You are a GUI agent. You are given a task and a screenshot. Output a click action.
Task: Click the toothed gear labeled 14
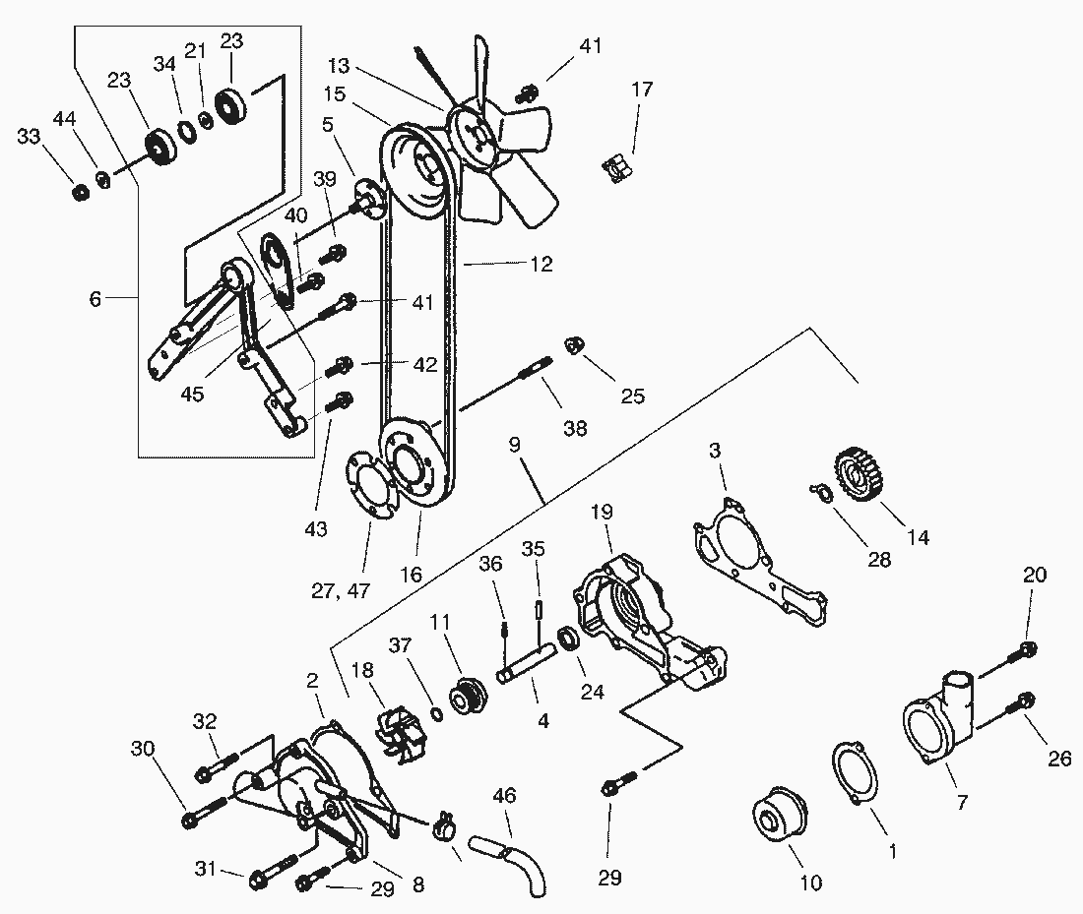pos(857,474)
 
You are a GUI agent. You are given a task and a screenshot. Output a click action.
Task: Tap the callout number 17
pos(642,90)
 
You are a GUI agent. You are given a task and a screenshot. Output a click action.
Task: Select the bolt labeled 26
pos(1020,702)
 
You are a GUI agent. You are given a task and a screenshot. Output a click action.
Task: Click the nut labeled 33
pos(81,191)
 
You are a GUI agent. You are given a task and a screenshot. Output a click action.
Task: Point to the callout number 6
pos(95,298)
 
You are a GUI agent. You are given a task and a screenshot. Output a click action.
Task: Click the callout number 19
pos(602,514)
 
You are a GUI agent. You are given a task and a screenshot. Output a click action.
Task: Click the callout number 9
pos(514,444)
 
